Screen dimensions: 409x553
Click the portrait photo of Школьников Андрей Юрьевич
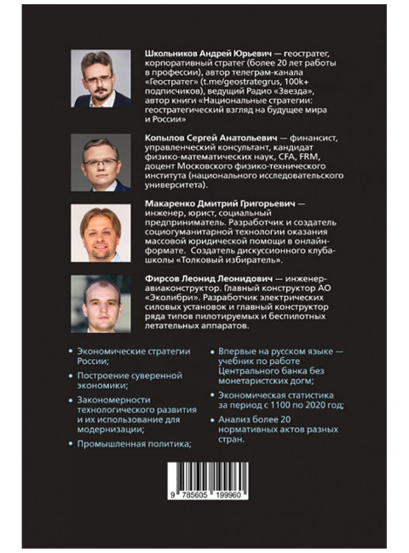[101, 79]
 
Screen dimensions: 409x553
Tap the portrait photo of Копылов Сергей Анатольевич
[101, 162]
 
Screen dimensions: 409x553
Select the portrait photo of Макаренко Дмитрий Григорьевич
[101, 233]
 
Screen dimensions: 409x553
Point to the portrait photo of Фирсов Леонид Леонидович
[101, 305]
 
